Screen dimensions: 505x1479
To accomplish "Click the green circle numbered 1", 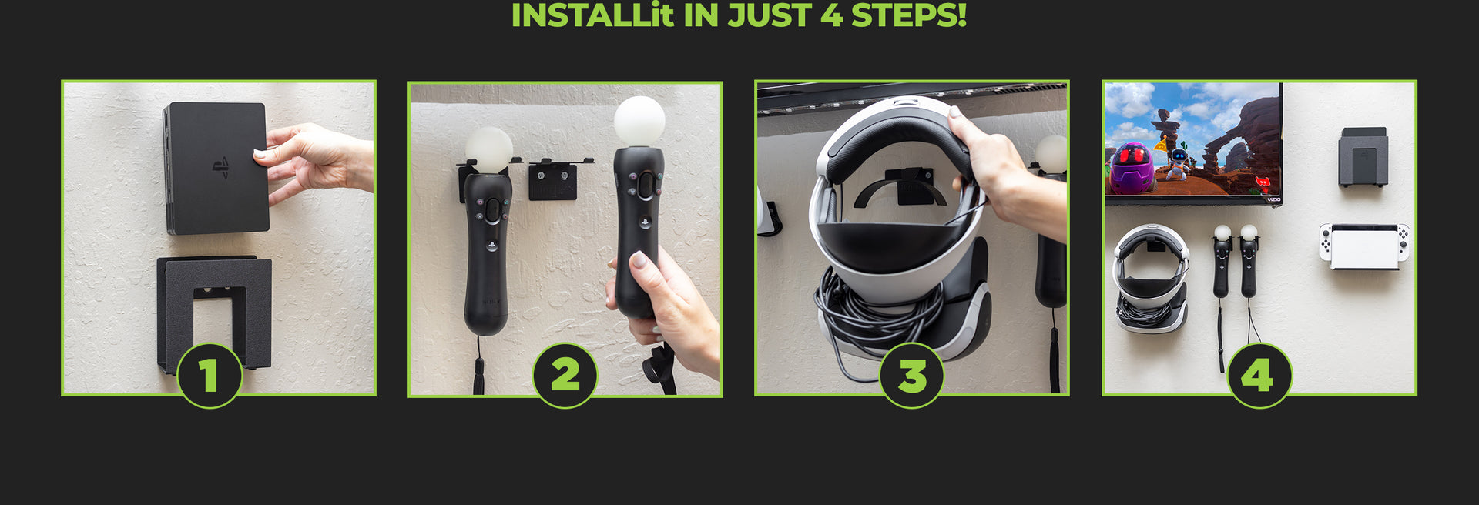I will click(x=210, y=376).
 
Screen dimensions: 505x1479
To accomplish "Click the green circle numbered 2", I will click(x=565, y=376).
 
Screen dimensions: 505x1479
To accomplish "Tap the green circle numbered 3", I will click(x=911, y=376).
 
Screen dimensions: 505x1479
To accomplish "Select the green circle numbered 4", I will click(x=1259, y=376).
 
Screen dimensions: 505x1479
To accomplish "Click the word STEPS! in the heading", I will click(x=908, y=15).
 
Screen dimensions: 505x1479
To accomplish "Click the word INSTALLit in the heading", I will click(x=592, y=15).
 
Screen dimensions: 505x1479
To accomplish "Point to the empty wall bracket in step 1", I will click(x=214, y=308).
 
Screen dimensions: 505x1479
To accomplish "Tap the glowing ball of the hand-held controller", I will click(x=639, y=121).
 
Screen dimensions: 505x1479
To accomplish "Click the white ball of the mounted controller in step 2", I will click(x=488, y=148).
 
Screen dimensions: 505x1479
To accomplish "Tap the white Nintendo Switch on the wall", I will click(x=1364, y=246).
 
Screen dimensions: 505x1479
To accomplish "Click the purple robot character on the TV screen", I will click(x=1130, y=168).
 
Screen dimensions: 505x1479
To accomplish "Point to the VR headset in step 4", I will click(x=1151, y=277).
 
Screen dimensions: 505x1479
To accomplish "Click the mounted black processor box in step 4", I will click(x=1363, y=159).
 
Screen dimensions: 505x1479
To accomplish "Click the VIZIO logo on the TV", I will click(x=1273, y=199).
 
